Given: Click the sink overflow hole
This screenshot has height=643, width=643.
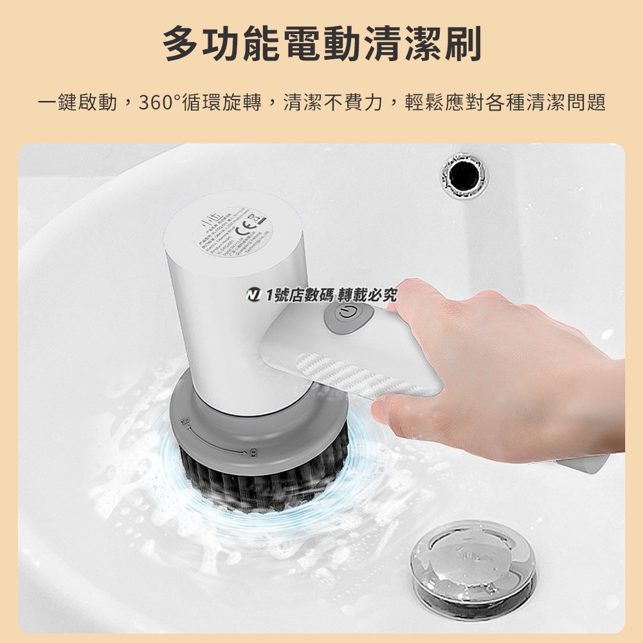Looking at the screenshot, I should (464, 174).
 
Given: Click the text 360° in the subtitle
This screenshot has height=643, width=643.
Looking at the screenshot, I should (163, 102).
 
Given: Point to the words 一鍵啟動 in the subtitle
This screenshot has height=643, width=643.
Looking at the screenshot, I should (77, 102).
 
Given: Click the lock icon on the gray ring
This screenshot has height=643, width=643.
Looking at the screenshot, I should (253, 452).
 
